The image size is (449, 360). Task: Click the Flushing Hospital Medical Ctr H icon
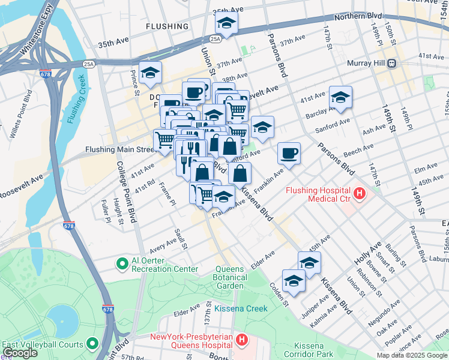click(x=359, y=193)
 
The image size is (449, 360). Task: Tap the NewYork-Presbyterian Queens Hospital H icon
click(x=241, y=340)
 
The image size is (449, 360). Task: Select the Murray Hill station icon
click(x=391, y=63)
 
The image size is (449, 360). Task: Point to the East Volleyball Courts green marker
click(x=92, y=344)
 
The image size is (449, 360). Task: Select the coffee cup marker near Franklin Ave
click(x=289, y=154)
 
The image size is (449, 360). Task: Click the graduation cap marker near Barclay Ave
click(x=340, y=97)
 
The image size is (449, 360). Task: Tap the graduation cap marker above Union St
click(x=226, y=23)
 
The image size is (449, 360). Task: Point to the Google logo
click(x=20, y=353)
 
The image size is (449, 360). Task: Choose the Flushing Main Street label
click(x=121, y=149)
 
